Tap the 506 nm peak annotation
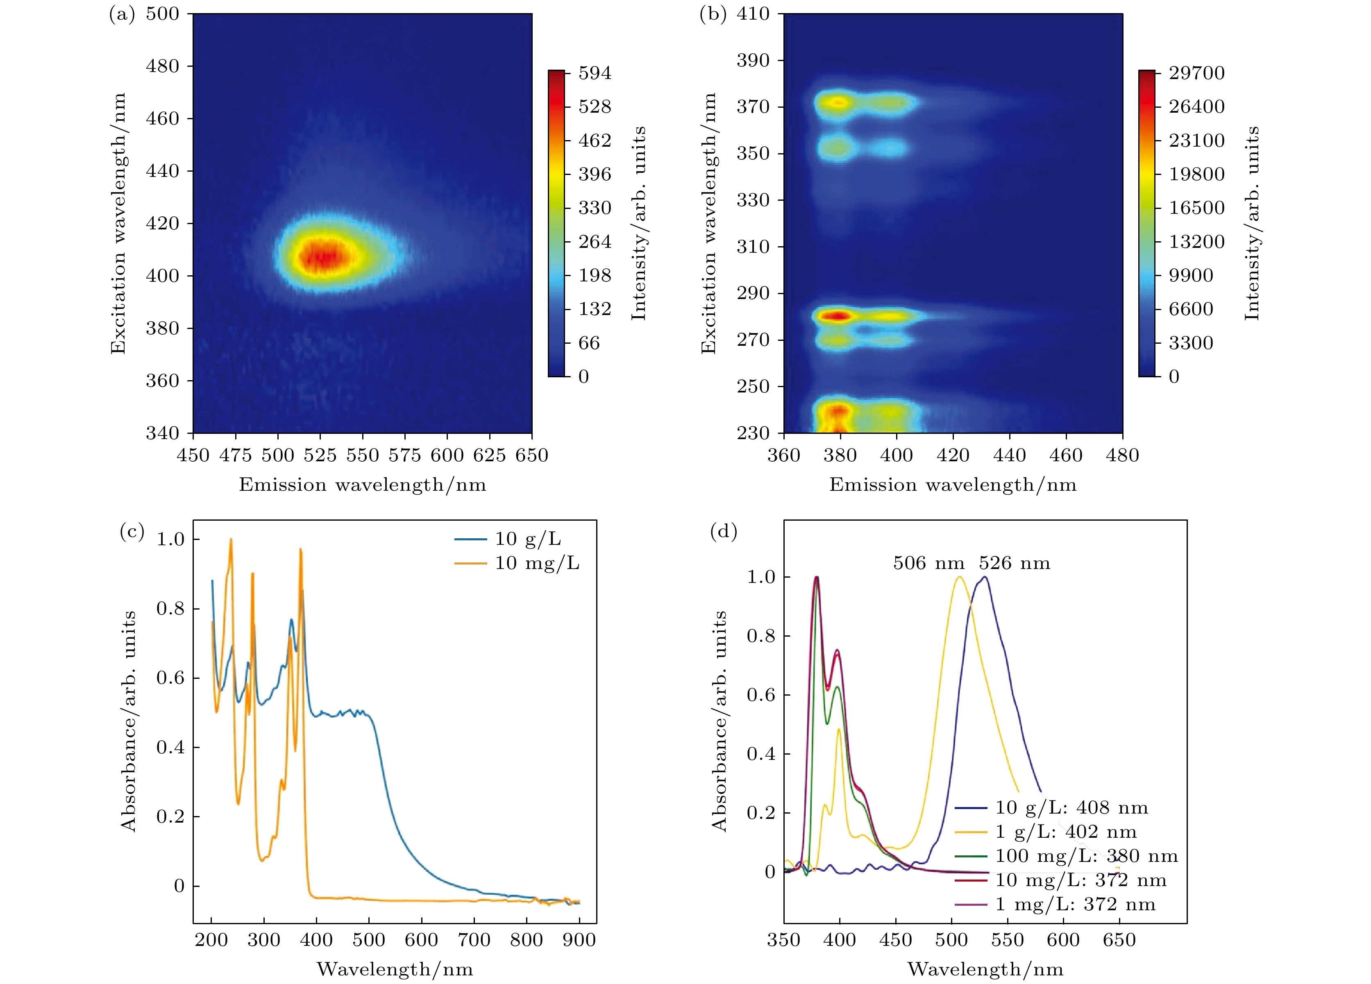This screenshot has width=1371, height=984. click(928, 563)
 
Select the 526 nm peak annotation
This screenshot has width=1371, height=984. click(1015, 563)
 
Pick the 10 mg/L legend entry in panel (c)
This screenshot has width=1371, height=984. click(537, 563)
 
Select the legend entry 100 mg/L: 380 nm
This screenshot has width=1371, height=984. click(1086, 856)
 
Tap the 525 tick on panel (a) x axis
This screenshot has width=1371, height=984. click(320, 455)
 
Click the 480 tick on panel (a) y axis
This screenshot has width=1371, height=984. click(162, 66)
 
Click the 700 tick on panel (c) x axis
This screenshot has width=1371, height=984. click(474, 940)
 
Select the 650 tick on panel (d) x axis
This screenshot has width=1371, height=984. click(1119, 940)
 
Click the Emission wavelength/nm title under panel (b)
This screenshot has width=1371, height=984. click(953, 485)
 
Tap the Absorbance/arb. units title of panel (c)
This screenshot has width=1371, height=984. click(128, 721)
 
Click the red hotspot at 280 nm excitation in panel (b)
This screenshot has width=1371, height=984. click(838, 315)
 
